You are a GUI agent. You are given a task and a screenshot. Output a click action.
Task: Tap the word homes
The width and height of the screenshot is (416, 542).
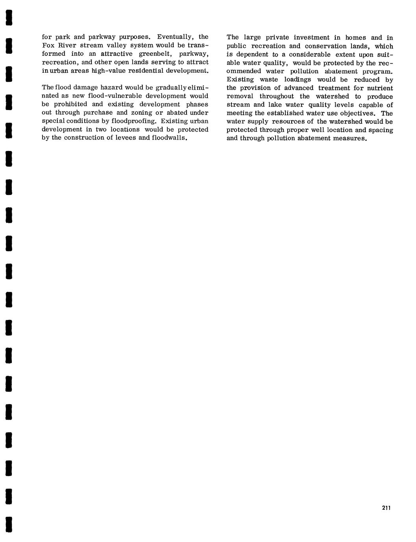(x=356, y=38)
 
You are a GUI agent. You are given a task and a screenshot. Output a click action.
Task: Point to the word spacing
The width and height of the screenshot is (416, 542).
(x=381, y=130)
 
